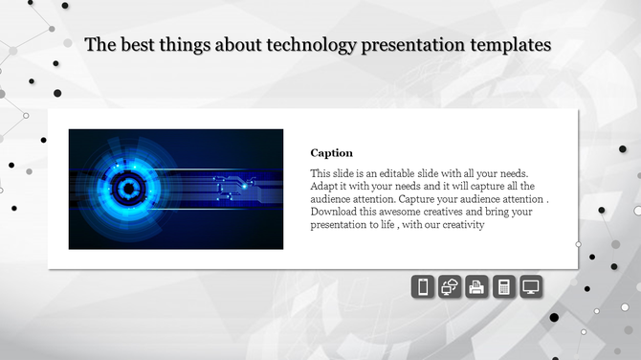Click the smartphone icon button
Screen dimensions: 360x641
click(x=423, y=286)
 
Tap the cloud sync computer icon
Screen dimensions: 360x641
click(x=450, y=286)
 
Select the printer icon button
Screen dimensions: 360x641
click(x=477, y=286)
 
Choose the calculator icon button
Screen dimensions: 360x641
click(x=504, y=286)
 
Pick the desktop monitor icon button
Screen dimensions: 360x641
click(x=532, y=286)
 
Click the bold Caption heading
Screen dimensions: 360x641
click(x=332, y=152)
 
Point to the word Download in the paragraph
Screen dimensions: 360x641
click(x=336, y=213)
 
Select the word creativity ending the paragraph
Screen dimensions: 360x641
click(x=463, y=226)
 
